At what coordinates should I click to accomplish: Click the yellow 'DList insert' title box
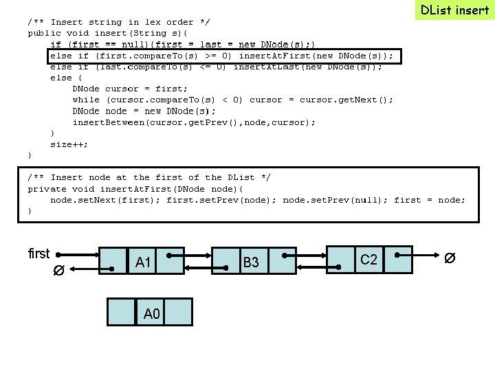pos(454,10)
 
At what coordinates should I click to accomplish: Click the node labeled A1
pos(143,262)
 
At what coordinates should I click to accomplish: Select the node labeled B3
pos(250,262)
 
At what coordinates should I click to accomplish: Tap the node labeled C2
pos(368,259)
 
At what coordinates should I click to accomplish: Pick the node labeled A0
pos(151,313)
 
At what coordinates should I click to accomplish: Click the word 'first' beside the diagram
pos(39,254)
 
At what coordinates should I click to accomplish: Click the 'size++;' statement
pos(69,144)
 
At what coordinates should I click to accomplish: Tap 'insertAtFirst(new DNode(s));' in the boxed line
pos(316,56)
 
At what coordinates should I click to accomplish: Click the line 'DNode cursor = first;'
pos(130,89)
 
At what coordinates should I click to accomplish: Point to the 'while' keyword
pos(86,100)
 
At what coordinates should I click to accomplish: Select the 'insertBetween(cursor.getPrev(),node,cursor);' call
pos(194,122)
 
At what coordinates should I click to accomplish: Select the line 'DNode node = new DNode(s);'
pos(144,111)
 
